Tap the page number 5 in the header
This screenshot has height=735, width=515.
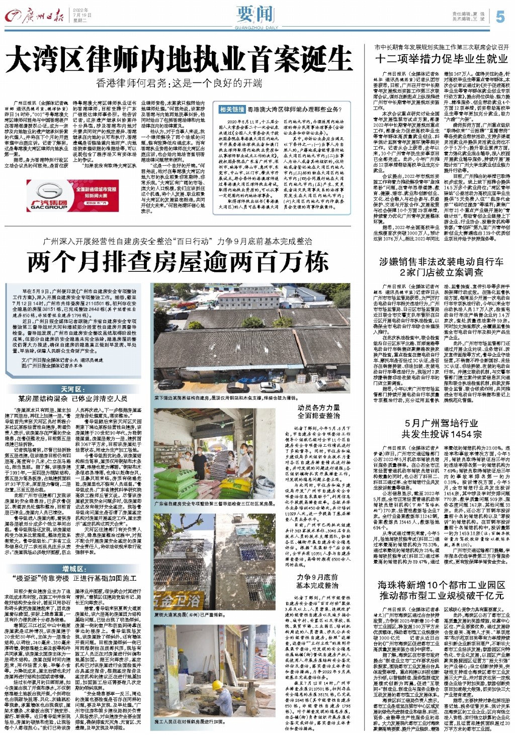coord(499,17)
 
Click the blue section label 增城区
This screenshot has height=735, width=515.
coord(73,568)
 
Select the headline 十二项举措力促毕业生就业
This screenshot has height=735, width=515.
coord(441,58)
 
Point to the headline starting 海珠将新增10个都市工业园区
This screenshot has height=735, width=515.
coord(441,590)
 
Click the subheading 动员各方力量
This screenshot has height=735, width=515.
coord(318,407)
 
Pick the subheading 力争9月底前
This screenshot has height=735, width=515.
coord(317,577)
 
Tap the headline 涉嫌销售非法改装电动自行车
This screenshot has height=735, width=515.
coord(441,262)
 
